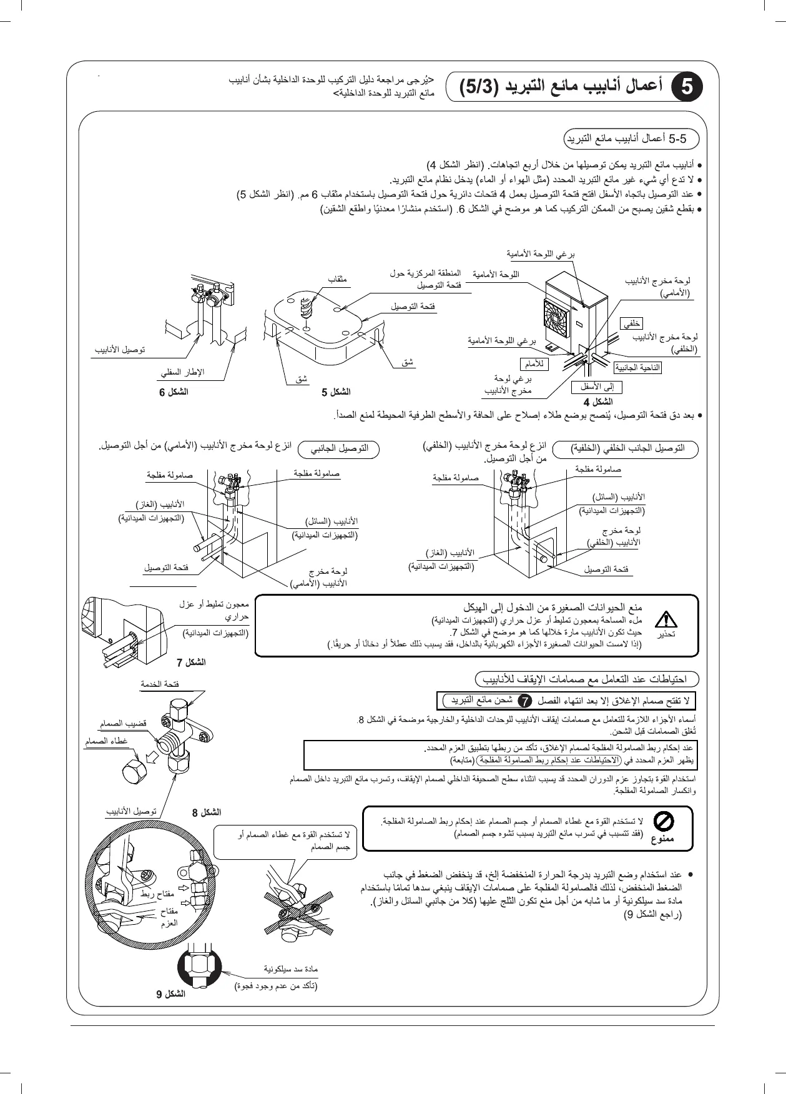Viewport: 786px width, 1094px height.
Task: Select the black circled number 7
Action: click(x=526, y=701)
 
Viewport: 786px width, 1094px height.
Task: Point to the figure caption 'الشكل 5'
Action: click(x=336, y=392)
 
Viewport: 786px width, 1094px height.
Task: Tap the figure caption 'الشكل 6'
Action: click(x=174, y=392)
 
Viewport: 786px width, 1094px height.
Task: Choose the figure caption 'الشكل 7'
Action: click(x=191, y=662)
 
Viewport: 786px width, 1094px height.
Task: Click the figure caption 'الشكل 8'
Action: click(x=207, y=812)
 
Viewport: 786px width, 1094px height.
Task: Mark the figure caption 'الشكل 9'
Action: click(x=170, y=994)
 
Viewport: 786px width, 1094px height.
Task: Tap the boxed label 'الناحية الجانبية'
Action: click(x=637, y=368)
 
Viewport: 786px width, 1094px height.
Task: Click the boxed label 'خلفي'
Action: click(x=632, y=323)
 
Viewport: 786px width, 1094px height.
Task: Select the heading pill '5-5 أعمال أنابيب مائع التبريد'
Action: click(x=631, y=139)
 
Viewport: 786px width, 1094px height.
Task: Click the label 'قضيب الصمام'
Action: click(x=123, y=724)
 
